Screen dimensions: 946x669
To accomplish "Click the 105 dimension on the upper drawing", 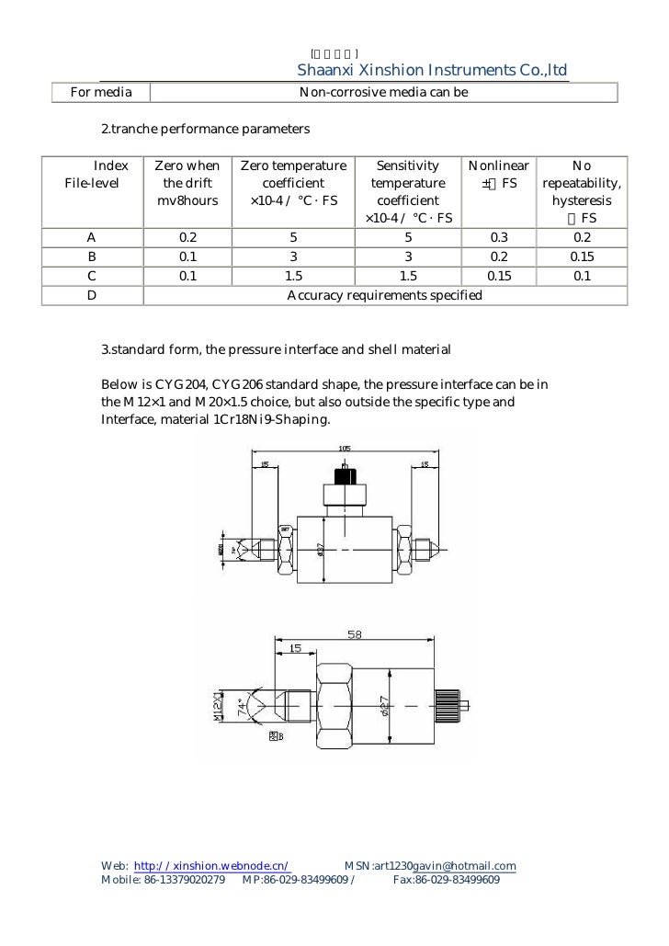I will (345, 450).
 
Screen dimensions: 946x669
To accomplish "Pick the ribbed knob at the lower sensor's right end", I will (452, 706).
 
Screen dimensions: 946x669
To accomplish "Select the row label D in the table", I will (92, 295).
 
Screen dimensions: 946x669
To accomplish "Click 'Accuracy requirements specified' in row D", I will (384, 295).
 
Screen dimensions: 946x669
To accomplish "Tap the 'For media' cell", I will (101, 92).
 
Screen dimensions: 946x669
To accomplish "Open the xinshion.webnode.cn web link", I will (213, 866).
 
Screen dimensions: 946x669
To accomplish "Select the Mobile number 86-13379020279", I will (184, 880).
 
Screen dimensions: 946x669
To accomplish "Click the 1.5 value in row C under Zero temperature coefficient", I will (293, 277).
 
